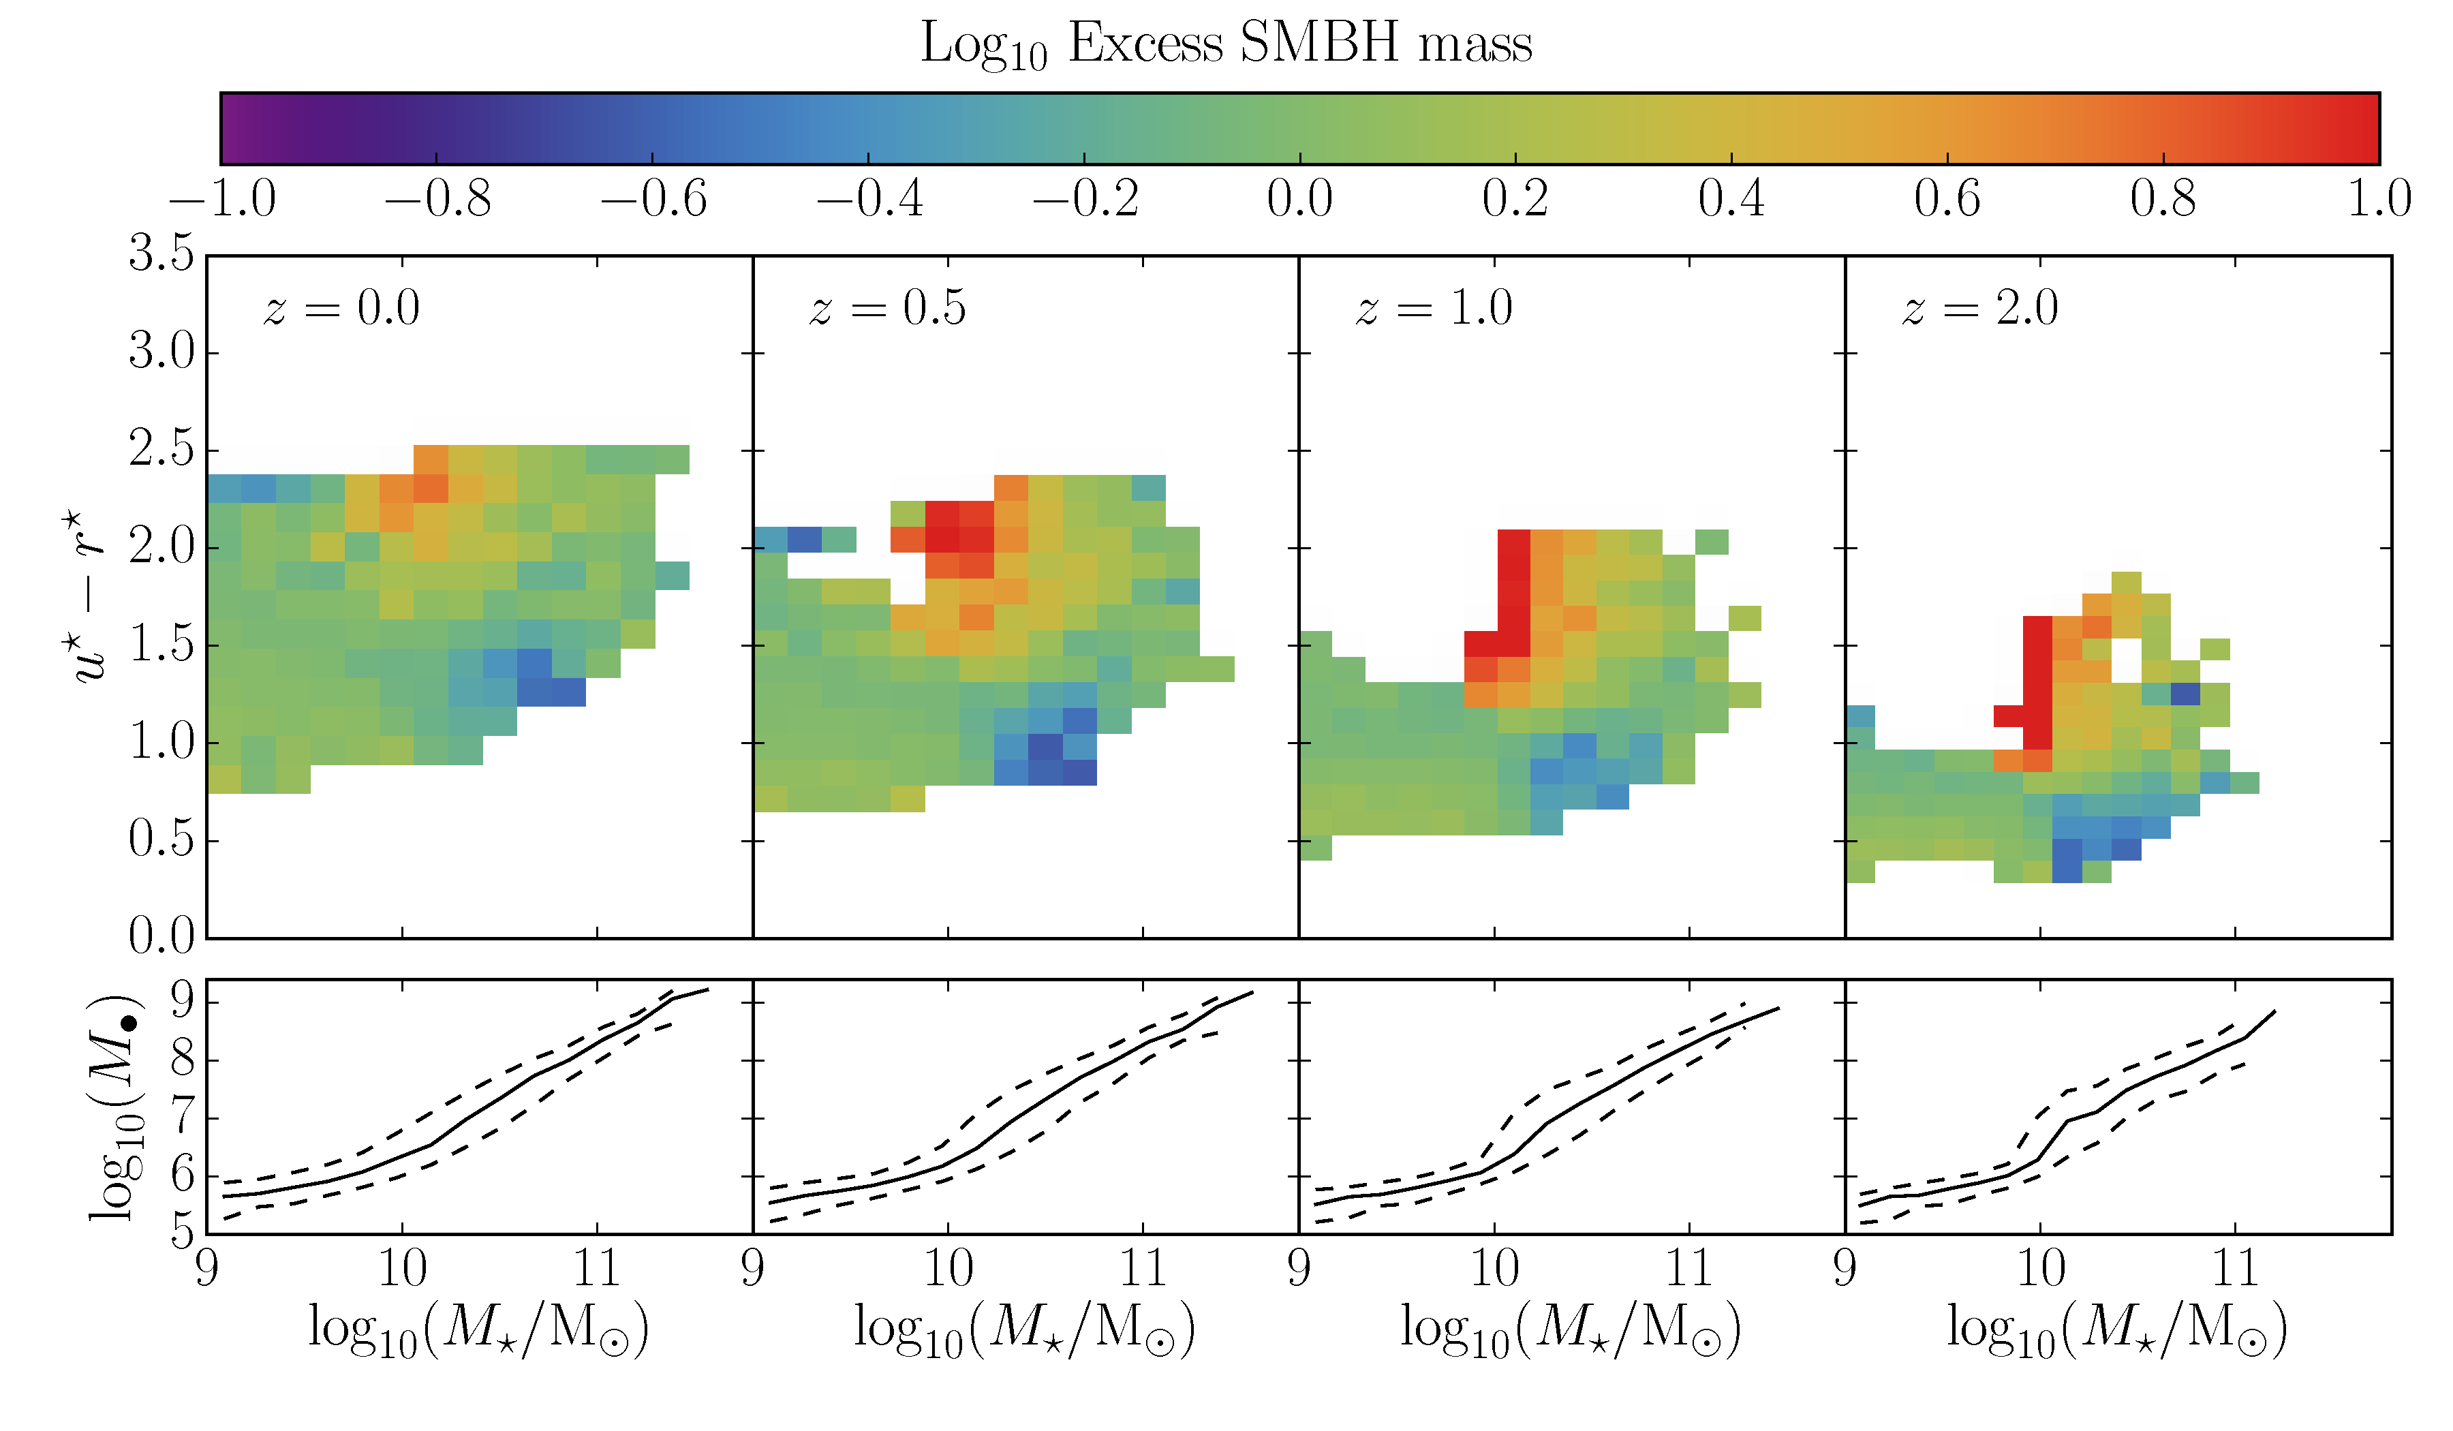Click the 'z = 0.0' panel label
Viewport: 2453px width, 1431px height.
point(341,309)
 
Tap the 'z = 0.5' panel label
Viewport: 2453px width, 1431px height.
point(888,309)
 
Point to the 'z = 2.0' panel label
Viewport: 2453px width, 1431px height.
point(1981,309)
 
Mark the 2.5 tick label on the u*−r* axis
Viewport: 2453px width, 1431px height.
point(161,449)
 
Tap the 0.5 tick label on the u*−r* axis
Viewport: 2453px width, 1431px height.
point(161,839)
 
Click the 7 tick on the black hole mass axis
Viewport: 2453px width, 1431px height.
point(182,1118)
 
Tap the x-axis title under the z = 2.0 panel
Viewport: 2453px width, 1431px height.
point(2117,1329)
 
